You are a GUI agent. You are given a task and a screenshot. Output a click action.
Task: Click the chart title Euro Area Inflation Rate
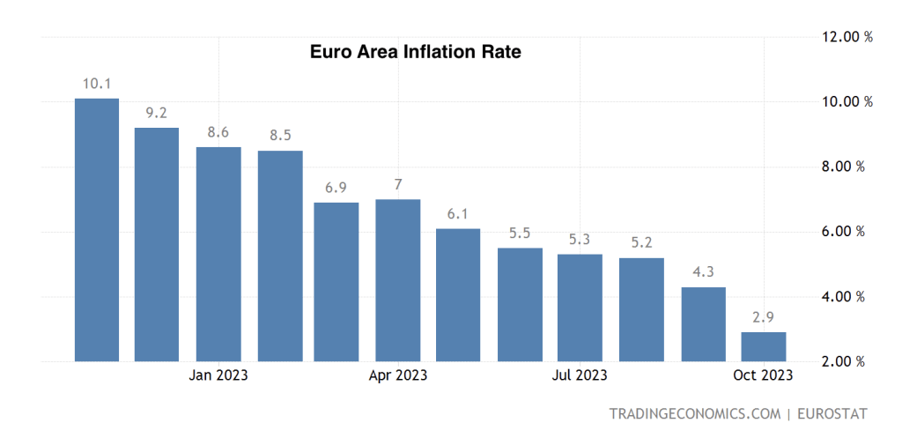[415, 52]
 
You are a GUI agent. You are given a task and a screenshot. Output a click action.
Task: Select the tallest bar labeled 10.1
[97, 229]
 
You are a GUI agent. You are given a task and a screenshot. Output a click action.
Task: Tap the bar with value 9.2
[157, 244]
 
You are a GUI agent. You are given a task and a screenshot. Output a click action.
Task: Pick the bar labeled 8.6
[218, 254]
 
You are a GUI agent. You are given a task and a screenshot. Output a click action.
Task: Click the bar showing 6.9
[336, 282]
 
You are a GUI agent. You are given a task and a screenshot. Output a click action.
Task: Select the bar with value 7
[398, 280]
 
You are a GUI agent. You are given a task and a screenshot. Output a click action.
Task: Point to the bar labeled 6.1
[458, 295]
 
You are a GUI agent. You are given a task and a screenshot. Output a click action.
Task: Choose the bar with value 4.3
[704, 324]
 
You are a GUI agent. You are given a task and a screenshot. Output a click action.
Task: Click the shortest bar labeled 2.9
[763, 346]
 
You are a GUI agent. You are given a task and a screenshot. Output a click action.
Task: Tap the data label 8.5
[280, 136]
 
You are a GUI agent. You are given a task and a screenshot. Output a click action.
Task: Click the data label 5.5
[520, 234]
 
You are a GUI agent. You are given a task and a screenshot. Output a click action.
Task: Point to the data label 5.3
[580, 240]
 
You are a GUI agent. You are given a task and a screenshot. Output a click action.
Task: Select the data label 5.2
[641, 243]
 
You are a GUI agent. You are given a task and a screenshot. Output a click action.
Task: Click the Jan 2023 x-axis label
[218, 375]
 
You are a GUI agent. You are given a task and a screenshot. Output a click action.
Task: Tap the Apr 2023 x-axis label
[398, 375]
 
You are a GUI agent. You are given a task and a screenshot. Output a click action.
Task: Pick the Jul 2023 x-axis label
[580, 375]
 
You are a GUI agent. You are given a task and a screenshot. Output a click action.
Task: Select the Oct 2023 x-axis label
[763, 375]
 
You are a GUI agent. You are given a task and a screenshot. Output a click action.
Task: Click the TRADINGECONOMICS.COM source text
[694, 413]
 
